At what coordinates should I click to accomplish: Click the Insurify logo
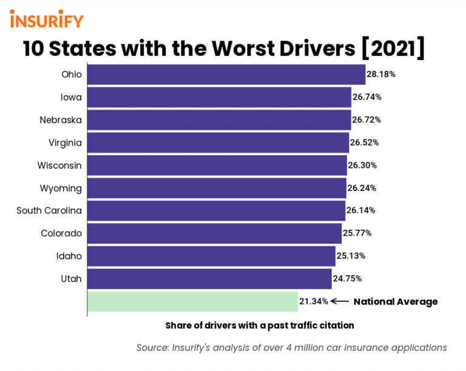(x=47, y=19)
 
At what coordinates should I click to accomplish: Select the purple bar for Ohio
(x=226, y=75)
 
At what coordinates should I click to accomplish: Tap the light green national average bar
(x=192, y=301)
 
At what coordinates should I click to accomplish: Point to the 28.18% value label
(x=381, y=75)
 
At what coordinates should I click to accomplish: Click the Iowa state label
(x=71, y=97)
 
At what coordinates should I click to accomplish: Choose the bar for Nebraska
(x=219, y=120)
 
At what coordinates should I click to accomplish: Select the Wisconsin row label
(x=59, y=165)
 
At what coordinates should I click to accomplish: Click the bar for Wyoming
(x=217, y=188)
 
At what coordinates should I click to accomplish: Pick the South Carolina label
(x=49, y=210)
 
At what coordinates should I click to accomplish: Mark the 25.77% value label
(x=357, y=233)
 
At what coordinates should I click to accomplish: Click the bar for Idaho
(x=211, y=256)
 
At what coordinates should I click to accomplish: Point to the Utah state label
(x=70, y=278)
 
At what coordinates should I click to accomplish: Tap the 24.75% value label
(x=348, y=278)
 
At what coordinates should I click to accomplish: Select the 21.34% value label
(x=314, y=301)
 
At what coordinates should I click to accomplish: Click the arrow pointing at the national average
(x=340, y=301)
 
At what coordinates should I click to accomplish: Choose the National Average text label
(x=396, y=301)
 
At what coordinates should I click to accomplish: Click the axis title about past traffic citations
(x=260, y=326)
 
